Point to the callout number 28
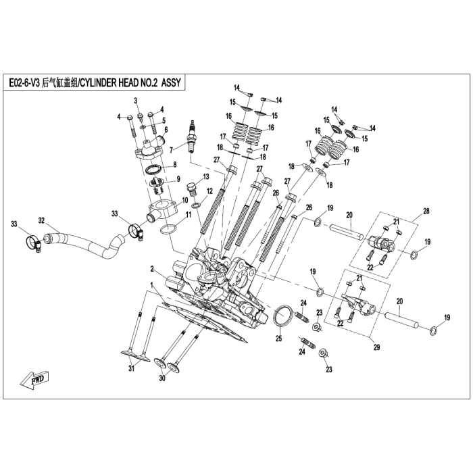[426, 211]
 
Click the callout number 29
[377, 347]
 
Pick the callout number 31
[132, 368]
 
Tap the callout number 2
[153, 268]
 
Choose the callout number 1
[153, 284]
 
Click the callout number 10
[184, 201]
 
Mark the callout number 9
[179, 179]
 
